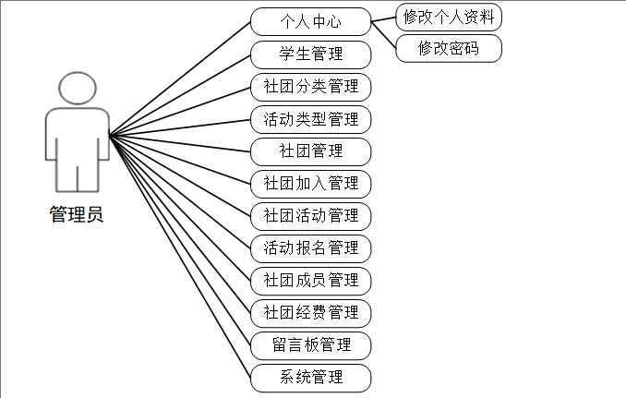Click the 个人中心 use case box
click(310, 21)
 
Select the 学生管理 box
click(310, 54)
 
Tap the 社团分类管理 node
click(310, 86)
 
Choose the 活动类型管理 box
click(310, 118)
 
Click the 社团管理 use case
click(310, 151)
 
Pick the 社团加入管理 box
click(310, 183)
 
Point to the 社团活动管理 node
click(310, 215)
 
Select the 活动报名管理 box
click(310, 247)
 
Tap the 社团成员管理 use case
click(310, 280)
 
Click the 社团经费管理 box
click(310, 312)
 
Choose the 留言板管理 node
click(310, 344)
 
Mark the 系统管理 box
click(310, 377)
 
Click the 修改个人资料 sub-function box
click(449, 17)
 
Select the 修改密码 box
click(449, 48)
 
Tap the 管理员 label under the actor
click(76, 215)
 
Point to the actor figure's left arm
click(53, 139)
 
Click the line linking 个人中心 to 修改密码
click(383, 34)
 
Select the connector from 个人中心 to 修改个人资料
click(383, 18)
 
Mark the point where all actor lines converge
click(110, 137)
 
